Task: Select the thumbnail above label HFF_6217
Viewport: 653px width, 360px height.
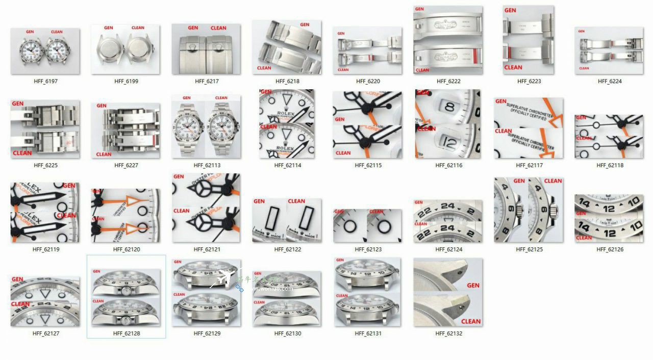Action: (x=206, y=49)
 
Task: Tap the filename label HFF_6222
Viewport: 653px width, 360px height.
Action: (x=448, y=82)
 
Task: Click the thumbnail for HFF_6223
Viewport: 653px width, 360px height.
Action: (x=529, y=40)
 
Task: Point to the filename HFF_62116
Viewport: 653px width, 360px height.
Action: (x=448, y=166)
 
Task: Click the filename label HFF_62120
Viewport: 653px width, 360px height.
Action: (x=125, y=250)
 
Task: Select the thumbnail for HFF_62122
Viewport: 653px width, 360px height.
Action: (x=287, y=220)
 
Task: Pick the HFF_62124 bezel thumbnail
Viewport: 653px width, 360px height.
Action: (x=448, y=220)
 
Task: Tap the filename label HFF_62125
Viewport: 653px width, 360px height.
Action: (x=529, y=250)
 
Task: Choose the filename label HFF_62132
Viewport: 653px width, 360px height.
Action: (x=448, y=334)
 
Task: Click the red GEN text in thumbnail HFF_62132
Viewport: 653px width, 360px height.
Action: (x=473, y=286)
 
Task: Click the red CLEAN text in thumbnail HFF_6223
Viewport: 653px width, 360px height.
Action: (x=513, y=67)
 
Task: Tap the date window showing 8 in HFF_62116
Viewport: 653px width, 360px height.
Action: (x=449, y=107)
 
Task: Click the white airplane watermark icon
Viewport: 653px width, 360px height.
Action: (x=223, y=278)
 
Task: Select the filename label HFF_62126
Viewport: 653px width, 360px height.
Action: (x=609, y=250)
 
